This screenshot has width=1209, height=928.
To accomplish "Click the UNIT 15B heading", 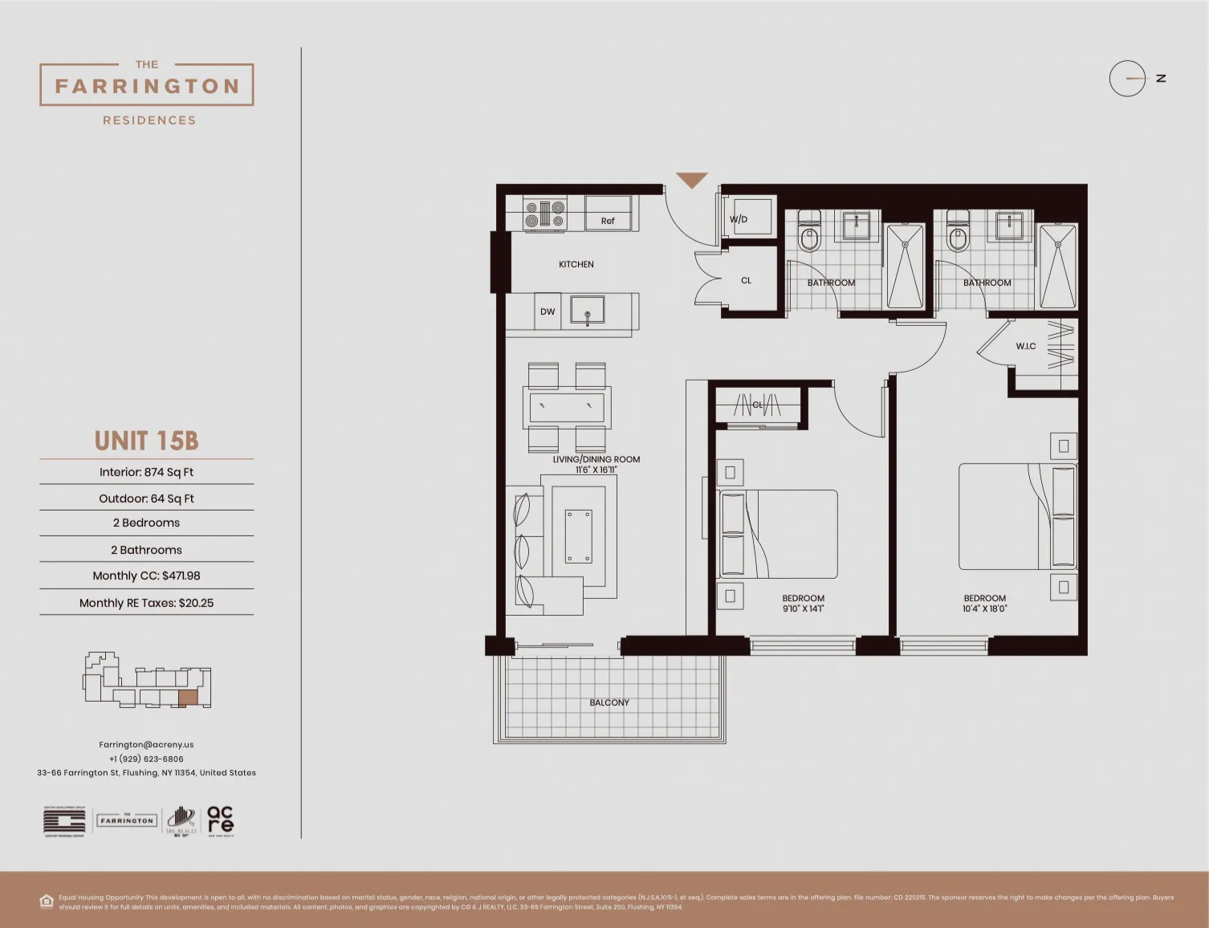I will pyautogui.click(x=146, y=441).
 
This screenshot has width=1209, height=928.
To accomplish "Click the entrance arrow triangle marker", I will pyautogui.click(x=691, y=181).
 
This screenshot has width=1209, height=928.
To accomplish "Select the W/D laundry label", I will pyautogui.click(x=739, y=219).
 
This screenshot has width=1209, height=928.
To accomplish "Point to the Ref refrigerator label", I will pyautogui.click(x=608, y=221).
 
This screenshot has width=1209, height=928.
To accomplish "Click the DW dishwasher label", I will pyautogui.click(x=548, y=311).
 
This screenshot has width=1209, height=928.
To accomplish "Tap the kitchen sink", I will pyautogui.click(x=588, y=310).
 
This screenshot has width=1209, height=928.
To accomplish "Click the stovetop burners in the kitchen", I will pyautogui.click(x=545, y=214).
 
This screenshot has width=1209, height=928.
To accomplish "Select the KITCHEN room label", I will pyautogui.click(x=576, y=264).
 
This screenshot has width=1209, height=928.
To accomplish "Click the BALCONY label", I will pyautogui.click(x=609, y=702).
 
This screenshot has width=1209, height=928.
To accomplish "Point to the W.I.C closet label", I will pyautogui.click(x=1026, y=346).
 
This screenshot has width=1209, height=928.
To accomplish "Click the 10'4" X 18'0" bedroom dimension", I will pyautogui.click(x=984, y=608).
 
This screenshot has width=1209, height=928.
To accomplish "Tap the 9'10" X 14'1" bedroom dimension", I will pyautogui.click(x=803, y=608).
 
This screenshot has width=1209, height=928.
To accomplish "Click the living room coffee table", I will pyautogui.click(x=578, y=536).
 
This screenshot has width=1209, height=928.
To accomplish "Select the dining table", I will pyautogui.click(x=567, y=407).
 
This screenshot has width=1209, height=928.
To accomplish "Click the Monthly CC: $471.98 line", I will pyautogui.click(x=146, y=576).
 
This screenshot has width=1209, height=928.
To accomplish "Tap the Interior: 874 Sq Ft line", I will pyautogui.click(x=146, y=472).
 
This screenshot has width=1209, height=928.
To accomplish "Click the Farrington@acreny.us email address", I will pyautogui.click(x=146, y=744).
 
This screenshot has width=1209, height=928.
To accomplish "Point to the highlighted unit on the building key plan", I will pyautogui.click(x=187, y=698).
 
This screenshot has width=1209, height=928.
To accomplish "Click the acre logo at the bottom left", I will pyautogui.click(x=220, y=820).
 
